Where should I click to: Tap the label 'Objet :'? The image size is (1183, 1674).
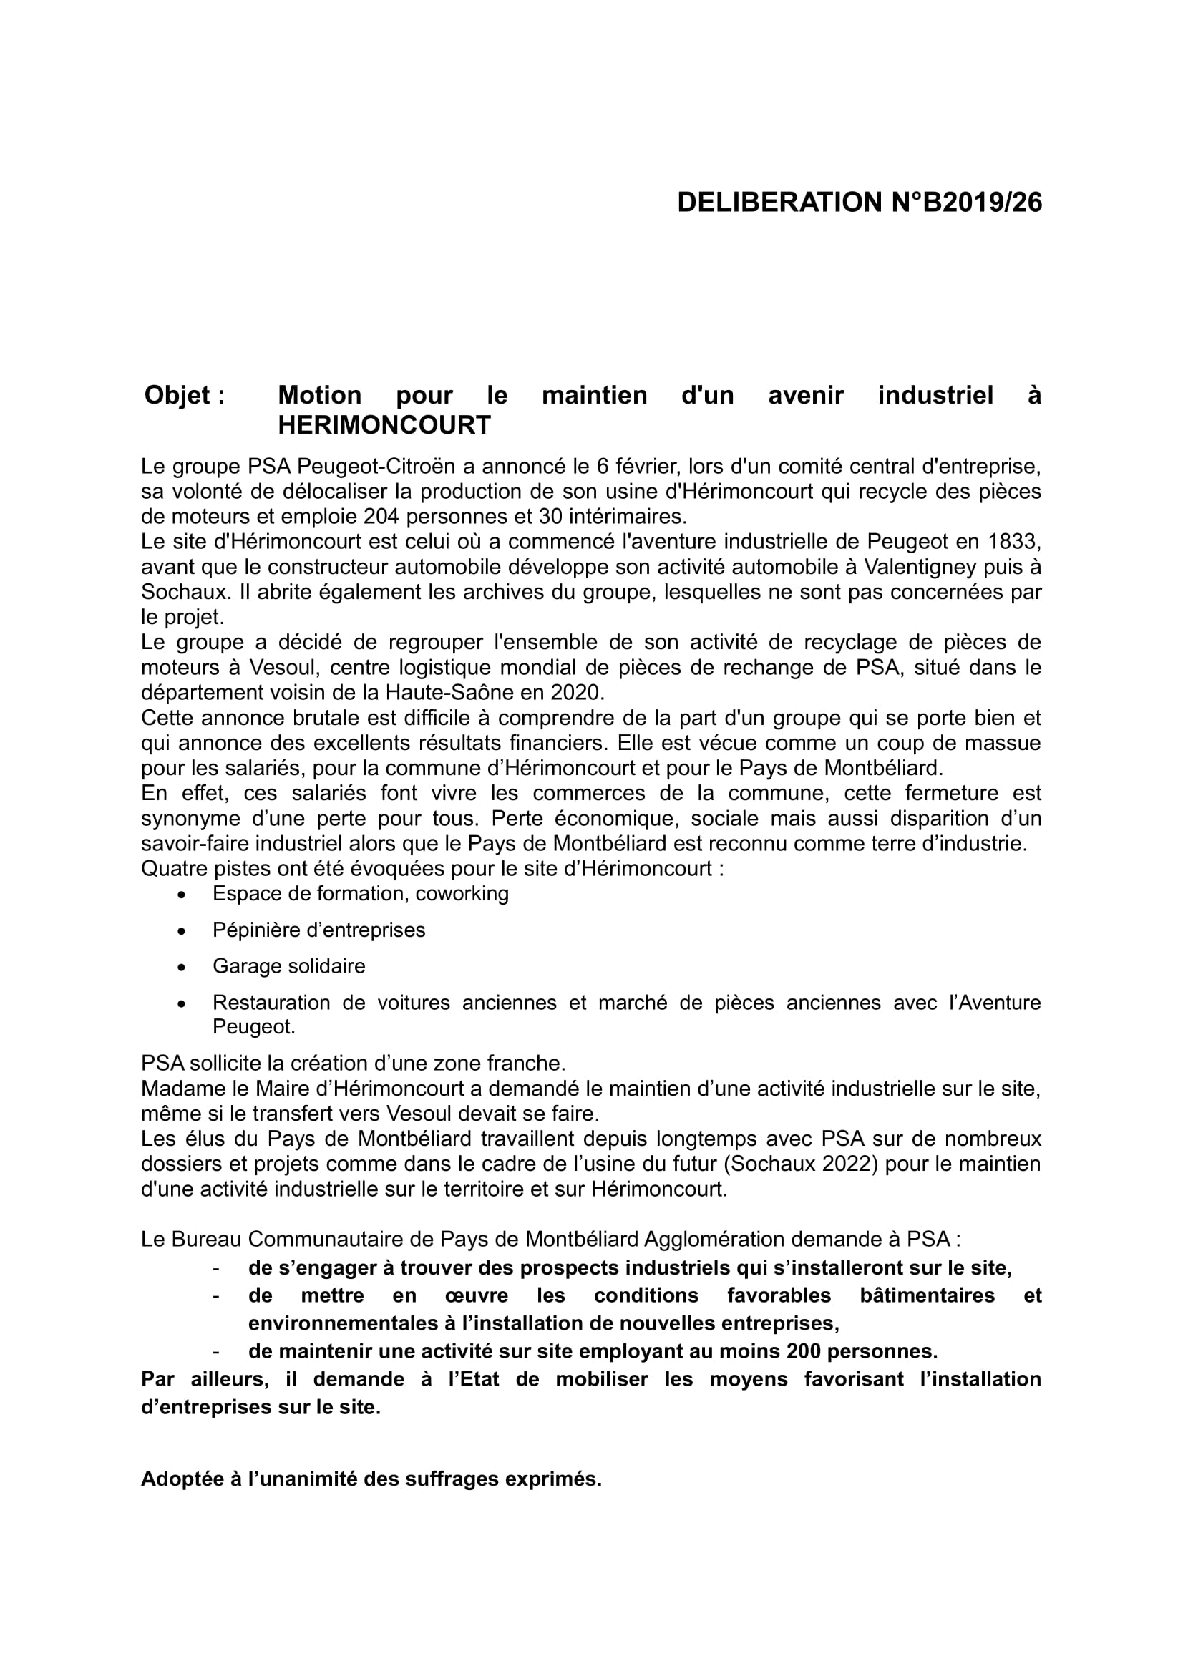[185, 395]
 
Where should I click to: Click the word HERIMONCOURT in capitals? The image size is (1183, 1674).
[384, 425]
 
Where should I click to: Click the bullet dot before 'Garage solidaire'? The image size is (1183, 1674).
[182, 968]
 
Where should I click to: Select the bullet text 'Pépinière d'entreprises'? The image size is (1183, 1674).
[318, 930]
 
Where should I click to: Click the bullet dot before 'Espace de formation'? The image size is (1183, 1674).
[182, 895]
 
